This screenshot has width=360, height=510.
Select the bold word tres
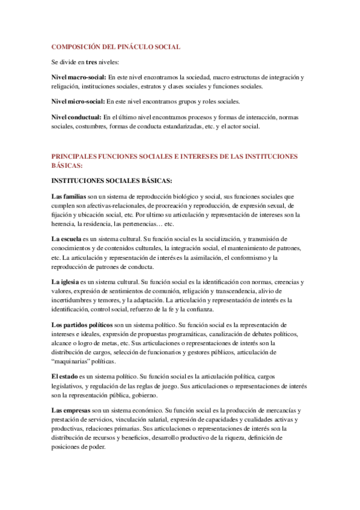click(x=91, y=62)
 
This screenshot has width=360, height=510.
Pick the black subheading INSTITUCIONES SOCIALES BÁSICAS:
click(x=112, y=180)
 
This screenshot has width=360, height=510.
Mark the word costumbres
click(x=90, y=126)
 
